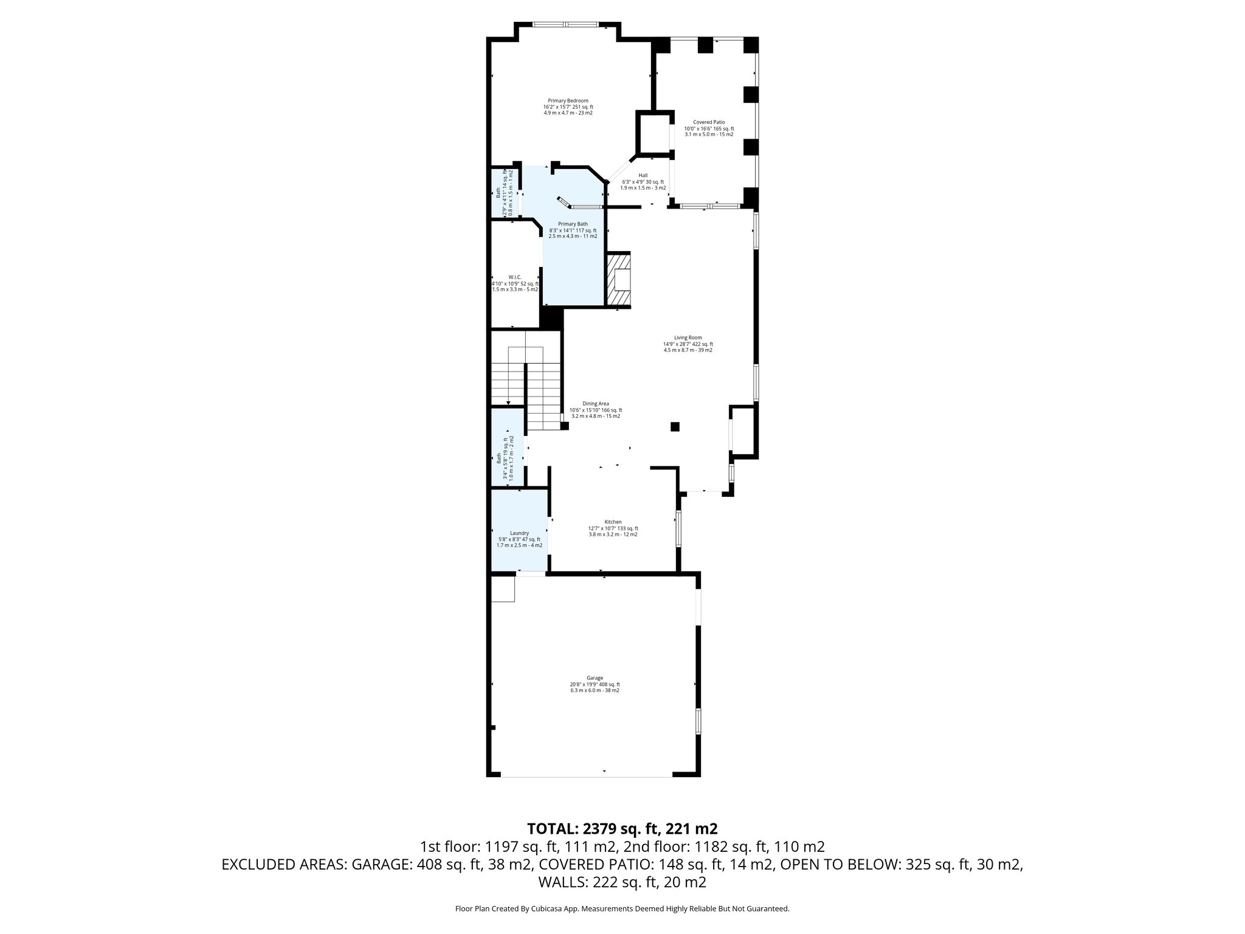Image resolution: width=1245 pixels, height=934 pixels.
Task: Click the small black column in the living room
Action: click(x=675, y=427)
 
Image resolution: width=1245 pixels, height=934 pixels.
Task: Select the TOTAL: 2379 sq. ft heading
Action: click(x=622, y=828)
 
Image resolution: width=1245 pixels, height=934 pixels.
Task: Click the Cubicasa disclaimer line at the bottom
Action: click(x=622, y=908)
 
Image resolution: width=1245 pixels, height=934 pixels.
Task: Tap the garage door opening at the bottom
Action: click(x=587, y=775)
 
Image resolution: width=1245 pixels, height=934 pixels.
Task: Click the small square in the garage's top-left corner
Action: click(x=503, y=589)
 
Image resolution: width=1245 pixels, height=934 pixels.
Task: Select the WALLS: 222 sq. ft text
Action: click(x=622, y=882)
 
